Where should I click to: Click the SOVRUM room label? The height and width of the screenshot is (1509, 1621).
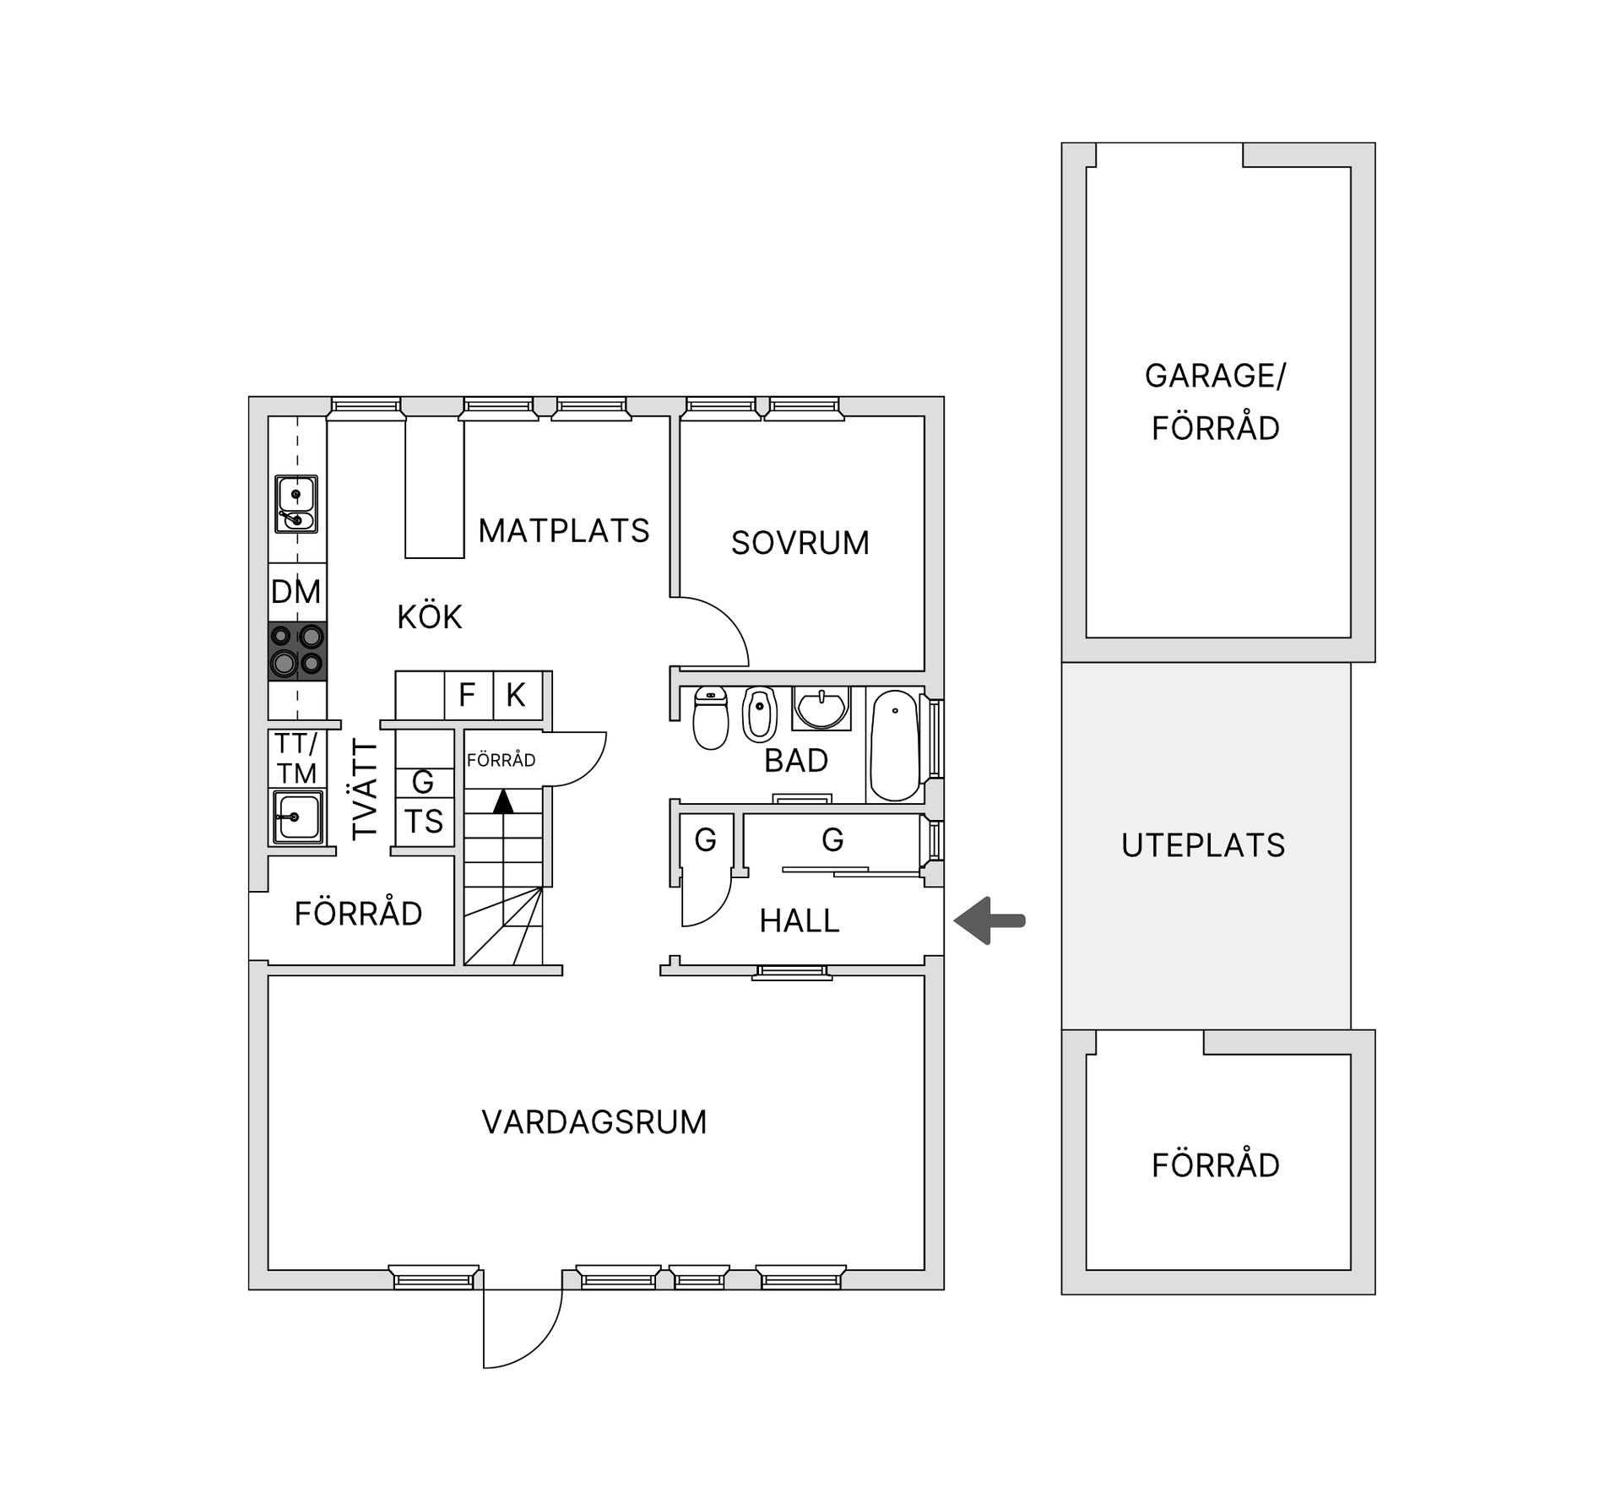(800, 543)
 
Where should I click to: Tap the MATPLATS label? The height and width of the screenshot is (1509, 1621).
(564, 530)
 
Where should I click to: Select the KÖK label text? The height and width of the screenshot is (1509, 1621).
(430, 617)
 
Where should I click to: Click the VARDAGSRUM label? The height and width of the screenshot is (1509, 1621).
(594, 1122)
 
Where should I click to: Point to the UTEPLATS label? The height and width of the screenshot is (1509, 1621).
(1203, 845)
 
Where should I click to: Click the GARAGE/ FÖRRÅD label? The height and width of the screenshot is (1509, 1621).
(1216, 402)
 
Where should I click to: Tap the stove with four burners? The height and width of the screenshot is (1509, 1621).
(297, 651)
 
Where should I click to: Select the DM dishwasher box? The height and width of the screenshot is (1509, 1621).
(297, 592)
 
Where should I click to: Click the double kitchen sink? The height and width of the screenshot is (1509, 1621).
(296, 504)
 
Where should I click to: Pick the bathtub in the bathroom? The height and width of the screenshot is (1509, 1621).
(895, 746)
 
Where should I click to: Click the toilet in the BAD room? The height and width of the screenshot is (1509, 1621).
(711, 718)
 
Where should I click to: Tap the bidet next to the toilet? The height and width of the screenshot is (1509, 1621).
(759, 714)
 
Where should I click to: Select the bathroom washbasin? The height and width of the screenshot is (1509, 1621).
(821, 708)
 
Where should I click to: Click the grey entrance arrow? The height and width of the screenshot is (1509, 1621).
(989, 920)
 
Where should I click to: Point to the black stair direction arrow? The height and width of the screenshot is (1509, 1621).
(503, 801)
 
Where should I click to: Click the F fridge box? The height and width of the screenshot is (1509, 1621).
(469, 696)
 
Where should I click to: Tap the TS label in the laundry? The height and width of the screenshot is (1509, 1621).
(424, 821)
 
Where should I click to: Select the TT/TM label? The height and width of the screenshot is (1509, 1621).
(296, 758)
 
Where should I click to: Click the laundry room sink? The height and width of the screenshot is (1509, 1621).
(298, 817)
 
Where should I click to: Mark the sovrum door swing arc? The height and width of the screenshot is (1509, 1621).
(728, 617)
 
